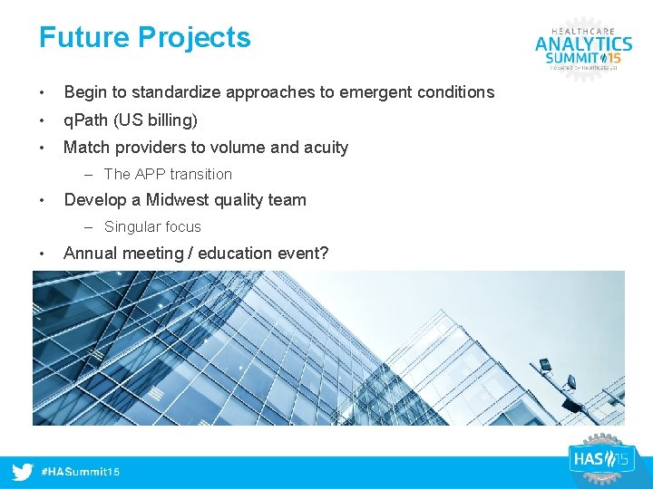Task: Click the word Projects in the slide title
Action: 194,38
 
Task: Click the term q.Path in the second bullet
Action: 86,120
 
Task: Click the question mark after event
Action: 324,254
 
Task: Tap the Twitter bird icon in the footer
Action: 23,472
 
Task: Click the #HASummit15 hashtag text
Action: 82,473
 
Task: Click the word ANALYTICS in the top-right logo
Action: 583,43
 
